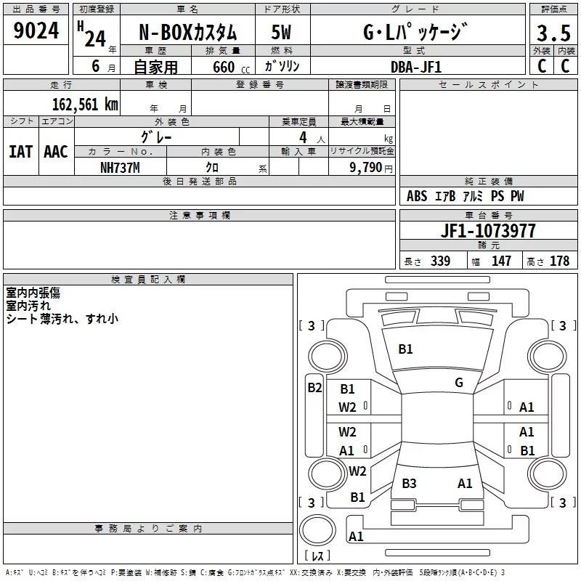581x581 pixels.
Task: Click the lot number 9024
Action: (x=36, y=31)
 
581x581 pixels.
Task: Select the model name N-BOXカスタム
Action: (x=187, y=33)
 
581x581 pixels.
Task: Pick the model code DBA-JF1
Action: (x=415, y=67)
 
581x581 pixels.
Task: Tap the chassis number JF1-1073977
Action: (x=488, y=231)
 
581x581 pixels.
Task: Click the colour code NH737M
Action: (x=120, y=167)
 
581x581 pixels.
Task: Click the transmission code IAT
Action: (x=20, y=152)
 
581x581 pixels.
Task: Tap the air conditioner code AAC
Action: (x=55, y=152)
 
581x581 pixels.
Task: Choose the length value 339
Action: (x=440, y=261)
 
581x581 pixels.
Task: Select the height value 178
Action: (x=559, y=261)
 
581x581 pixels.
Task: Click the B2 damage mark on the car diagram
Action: (x=314, y=388)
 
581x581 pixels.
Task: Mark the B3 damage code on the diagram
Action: (x=409, y=483)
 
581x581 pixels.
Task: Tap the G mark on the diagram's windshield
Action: (x=458, y=383)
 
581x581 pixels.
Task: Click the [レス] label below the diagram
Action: (x=317, y=557)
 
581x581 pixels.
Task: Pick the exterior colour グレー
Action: (x=156, y=136)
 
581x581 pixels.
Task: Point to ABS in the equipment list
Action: (x=417, y=196)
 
